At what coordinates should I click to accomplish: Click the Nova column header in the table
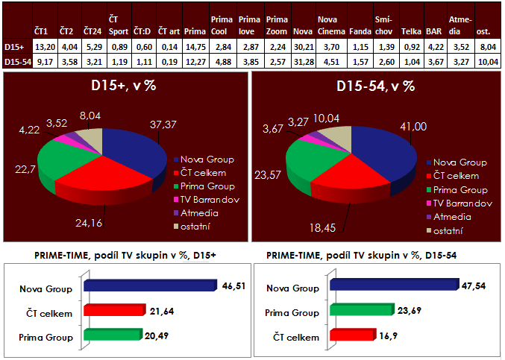(x=303, y=32)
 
